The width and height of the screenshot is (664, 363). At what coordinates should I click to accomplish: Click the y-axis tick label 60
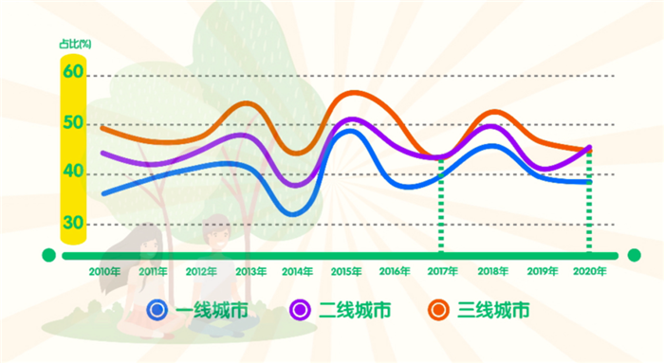tap(74, 73)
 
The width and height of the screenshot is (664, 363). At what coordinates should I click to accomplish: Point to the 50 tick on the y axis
tap(74, 123)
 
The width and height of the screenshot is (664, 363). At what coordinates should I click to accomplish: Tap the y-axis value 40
tap(74, 172)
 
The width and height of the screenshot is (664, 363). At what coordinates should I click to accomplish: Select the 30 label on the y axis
tap(74, 223)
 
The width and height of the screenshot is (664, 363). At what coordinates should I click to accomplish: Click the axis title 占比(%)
tap(74, 44)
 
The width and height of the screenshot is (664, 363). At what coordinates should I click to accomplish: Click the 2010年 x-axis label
tap(104, 271)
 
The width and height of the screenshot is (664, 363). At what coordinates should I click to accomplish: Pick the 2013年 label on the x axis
tap(249, 271)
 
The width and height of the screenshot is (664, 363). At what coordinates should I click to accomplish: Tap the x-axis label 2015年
tap(346, 271)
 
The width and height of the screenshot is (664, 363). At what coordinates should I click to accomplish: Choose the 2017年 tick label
tap(442, 271)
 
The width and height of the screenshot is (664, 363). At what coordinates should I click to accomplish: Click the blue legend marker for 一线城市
tap(158, 309)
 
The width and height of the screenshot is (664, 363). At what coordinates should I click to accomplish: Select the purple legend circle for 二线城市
tap(301, 309)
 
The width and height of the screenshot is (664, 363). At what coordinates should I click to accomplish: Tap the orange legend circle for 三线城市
tap(438, 309)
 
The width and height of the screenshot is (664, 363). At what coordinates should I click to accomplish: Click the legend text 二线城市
tap(354, 309)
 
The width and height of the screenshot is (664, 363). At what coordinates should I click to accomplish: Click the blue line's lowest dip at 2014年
tap(293, 214)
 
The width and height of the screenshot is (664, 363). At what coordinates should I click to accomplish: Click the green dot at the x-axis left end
tap(49, 255)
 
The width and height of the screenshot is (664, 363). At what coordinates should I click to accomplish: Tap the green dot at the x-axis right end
tap(635, 255)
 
